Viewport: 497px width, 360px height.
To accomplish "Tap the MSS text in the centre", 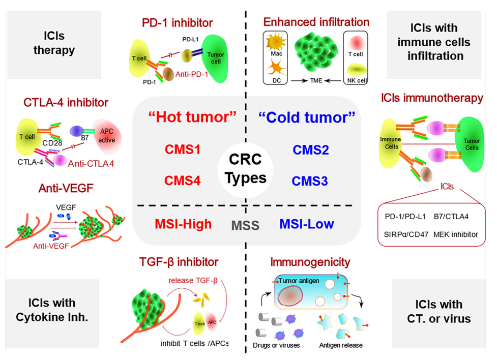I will (246, 225).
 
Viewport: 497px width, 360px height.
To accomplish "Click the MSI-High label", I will (183, 223).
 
